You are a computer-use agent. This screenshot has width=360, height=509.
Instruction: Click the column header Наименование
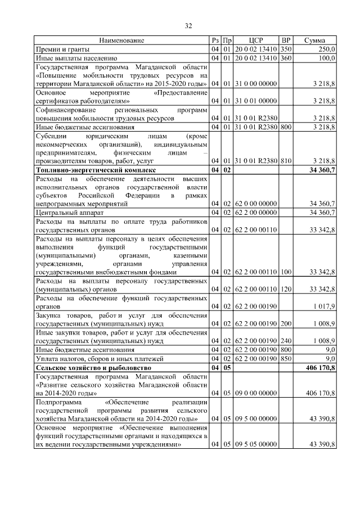click(x=122, y=40)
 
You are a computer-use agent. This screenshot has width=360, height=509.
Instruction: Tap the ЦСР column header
click(x=256, y=40)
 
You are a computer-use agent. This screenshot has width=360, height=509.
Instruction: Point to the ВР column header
click(x=286, y=40)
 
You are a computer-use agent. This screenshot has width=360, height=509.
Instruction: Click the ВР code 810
click(x=286, y=161)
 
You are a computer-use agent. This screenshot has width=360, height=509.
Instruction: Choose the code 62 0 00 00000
click(x=256, y=203)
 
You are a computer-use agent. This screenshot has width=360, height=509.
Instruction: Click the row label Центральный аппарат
click(x=69, y=212)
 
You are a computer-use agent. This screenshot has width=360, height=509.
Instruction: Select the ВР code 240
click(x=286, y=341)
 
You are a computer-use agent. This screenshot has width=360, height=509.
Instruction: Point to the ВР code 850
click(x=286, y=358)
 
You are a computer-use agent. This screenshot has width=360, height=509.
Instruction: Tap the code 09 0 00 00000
click(x=256, y=393)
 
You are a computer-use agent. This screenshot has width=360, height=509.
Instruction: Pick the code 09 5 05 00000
click(x=256, y=444)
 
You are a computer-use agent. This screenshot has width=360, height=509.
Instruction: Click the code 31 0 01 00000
click(x=256, y=101)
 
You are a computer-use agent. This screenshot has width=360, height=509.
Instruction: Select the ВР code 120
click(x=286, y=290)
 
